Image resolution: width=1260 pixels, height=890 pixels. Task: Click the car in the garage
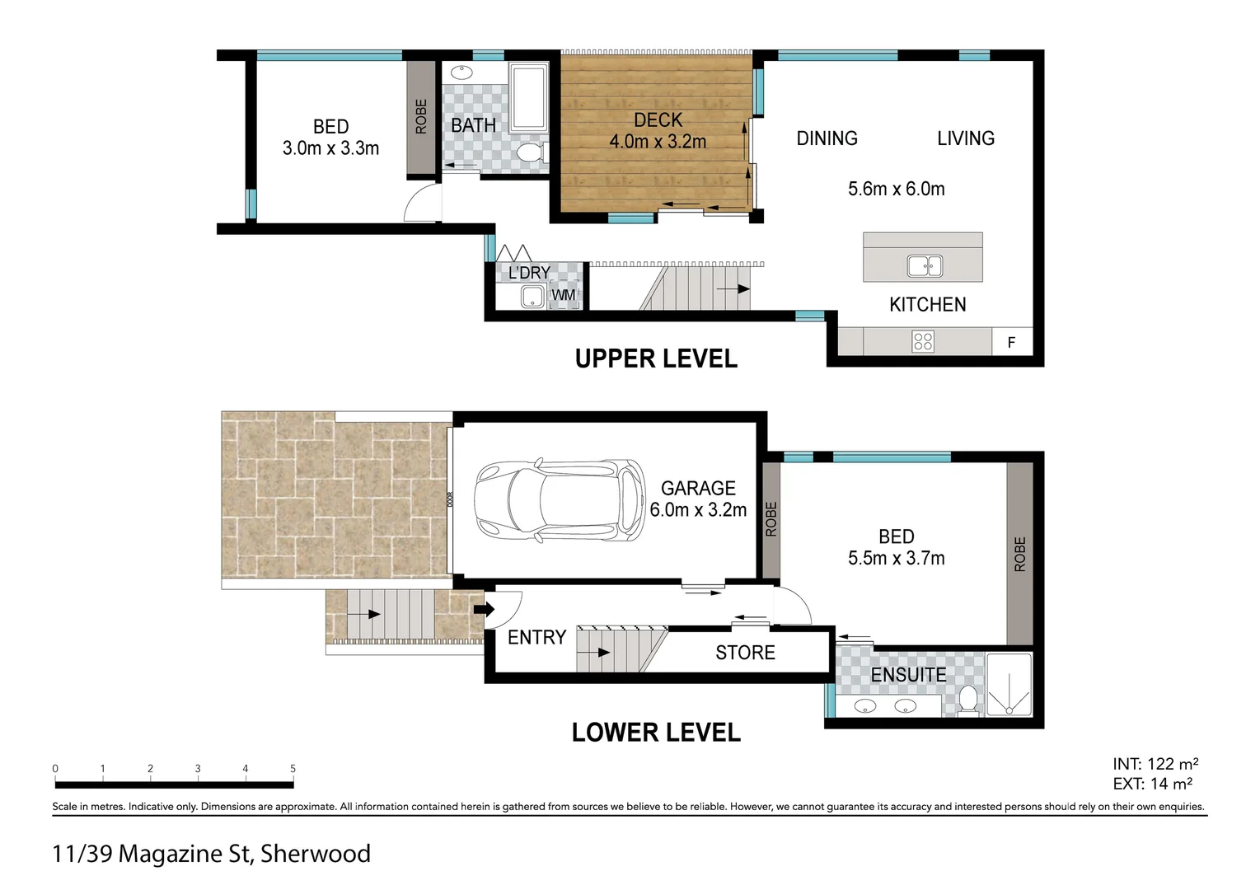click(x=560, y=499)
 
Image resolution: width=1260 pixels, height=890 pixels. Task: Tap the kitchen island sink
click(x=925, y=265)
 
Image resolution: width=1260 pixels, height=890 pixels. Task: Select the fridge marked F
click(x=1011, y=341)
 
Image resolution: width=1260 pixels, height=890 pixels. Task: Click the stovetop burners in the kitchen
click(x=923, y=341)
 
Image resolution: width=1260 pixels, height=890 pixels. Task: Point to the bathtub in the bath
click(x=528, y=98)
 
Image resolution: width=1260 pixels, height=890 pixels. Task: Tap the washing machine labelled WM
click(x=564, y=294)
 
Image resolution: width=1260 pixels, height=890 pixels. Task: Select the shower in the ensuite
click(x=1009, y=685)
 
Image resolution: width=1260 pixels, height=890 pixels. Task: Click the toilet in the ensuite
click(x=968, y=700)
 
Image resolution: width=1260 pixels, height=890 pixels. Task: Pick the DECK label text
click(x=658, y=119)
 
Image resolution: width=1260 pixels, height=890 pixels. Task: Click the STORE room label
click(x=745, y=653)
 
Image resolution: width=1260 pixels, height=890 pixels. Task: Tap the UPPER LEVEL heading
click(x=656, y=359)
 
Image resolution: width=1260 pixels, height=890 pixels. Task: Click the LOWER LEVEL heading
click(x=656, y=733)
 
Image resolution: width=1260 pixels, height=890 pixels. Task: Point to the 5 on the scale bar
click(x=293, y=769)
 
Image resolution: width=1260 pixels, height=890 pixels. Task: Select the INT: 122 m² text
click(x=1155, y=764)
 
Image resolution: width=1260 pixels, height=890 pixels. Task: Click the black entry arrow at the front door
click(x=484, y=609)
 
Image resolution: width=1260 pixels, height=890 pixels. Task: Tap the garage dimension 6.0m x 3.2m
click(x=698, y=510)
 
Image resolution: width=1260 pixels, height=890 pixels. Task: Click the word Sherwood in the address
click(x=316, y=854)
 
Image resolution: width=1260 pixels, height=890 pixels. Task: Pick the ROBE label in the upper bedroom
click(x=421, y=116)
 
